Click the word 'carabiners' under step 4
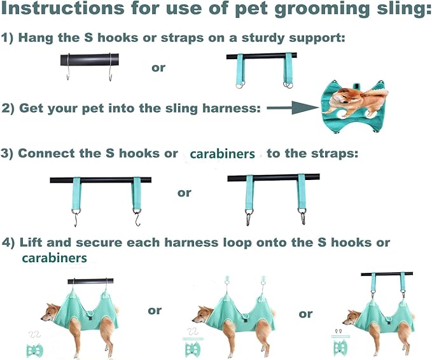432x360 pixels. pyautogui.click(x=54, y=258)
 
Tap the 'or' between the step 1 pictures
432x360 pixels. pyautogui.click(x=158, y=67)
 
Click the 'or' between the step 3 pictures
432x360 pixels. pyautogui.click(x=184, y=192)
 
